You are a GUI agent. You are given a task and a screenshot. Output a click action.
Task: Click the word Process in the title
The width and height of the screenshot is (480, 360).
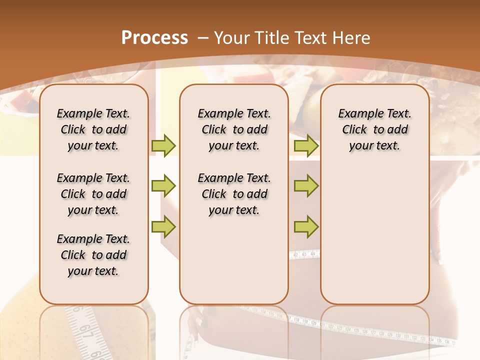(x=154, y=38)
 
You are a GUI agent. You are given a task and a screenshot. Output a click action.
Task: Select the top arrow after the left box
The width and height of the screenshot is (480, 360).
(x=163, y=145)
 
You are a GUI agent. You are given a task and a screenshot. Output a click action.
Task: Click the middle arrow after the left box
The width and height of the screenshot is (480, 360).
(x=163, y=186)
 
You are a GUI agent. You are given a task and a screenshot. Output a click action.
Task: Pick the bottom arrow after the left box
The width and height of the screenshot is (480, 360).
(x=163, y=226)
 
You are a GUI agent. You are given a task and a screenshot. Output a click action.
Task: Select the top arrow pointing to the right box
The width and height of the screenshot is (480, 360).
(x=306, y=145)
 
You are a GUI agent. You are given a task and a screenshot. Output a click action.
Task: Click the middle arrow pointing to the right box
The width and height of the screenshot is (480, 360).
(x=306, y=186)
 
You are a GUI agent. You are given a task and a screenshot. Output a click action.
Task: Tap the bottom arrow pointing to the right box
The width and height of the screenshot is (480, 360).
(x=306, y=226)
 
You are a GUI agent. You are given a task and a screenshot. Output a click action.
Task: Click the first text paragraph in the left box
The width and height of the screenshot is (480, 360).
(x=93, y=129)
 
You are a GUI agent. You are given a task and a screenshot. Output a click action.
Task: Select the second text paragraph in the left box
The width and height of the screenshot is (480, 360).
(x=93, y=194)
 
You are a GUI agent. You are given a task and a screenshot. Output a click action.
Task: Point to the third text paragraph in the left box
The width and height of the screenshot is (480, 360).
(x=93, y=255)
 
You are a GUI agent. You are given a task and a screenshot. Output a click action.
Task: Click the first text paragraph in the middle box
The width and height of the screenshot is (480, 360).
(x=234, y=129)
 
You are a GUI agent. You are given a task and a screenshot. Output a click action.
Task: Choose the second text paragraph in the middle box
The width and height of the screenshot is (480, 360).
(x=234, y=194)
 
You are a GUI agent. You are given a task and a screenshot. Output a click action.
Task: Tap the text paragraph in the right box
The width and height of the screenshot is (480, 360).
(x=374, y=129)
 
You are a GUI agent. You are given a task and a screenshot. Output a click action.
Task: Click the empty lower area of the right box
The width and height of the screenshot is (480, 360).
(x=374, y=235)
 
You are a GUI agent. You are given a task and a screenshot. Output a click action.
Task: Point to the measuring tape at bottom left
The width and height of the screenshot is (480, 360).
(x=85, y=332)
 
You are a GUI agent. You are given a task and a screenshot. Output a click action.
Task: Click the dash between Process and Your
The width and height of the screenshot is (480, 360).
(x=202, y=38)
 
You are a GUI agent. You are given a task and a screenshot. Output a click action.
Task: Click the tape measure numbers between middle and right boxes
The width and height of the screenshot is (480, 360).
(x=304, y=254)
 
